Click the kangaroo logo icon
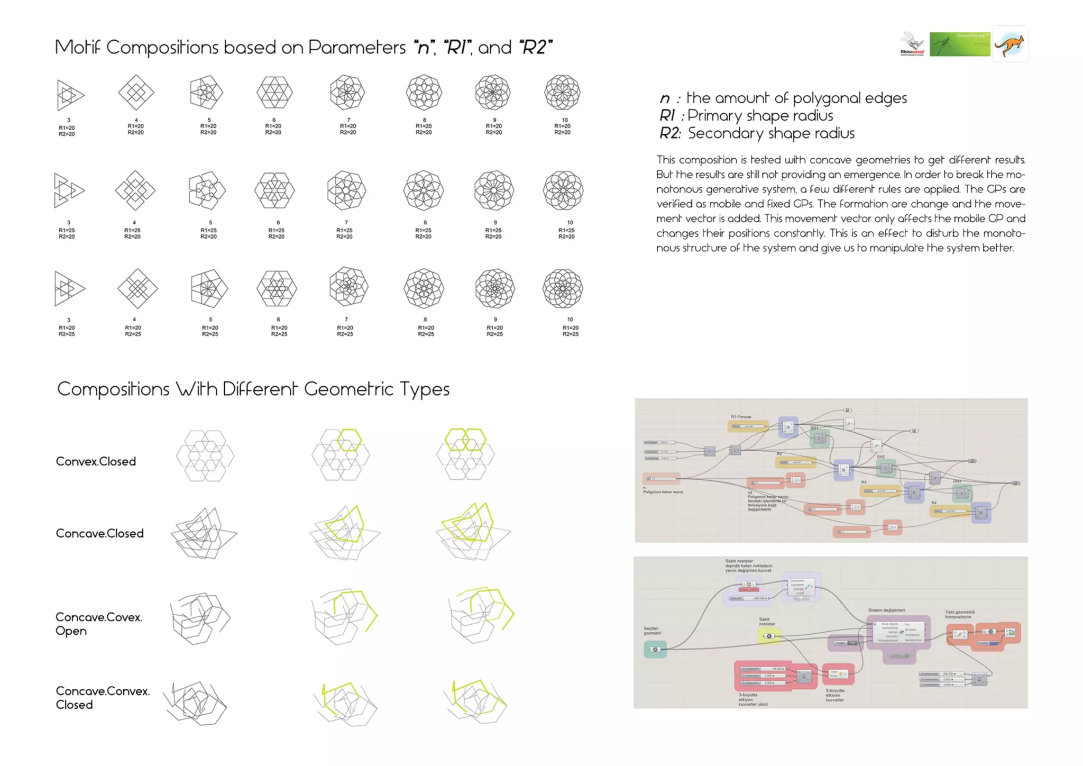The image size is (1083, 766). click(x=1009, y=44)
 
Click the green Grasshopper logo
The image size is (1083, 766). click(x=959, y=44)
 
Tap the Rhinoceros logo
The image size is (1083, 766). click(x=913, y=44)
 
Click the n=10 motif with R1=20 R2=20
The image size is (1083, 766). click(x=562, y=92)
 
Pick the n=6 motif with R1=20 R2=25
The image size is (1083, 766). click(x=277, y=288)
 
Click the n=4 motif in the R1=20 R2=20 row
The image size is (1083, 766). click(x=136, y=93)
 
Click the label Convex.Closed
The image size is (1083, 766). click(x=96, y=461)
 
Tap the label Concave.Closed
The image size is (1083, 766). click(x=99, y=533)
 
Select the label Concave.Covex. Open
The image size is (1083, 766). click(x=98, y=624)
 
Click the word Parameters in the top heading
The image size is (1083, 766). click(x=356, y=47)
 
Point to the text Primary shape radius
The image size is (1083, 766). click(x=760, y=115)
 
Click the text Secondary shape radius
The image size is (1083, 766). click(x=770, y=133)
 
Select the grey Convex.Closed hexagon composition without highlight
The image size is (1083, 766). click(x=205, y=455)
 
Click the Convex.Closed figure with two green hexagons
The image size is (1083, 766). click(x=465, y=454)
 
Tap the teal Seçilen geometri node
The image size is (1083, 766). click(x=655, y=649)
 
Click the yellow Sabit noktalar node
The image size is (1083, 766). click(x=769, y=636)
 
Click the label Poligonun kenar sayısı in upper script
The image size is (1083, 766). click(x=663, y=492)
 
